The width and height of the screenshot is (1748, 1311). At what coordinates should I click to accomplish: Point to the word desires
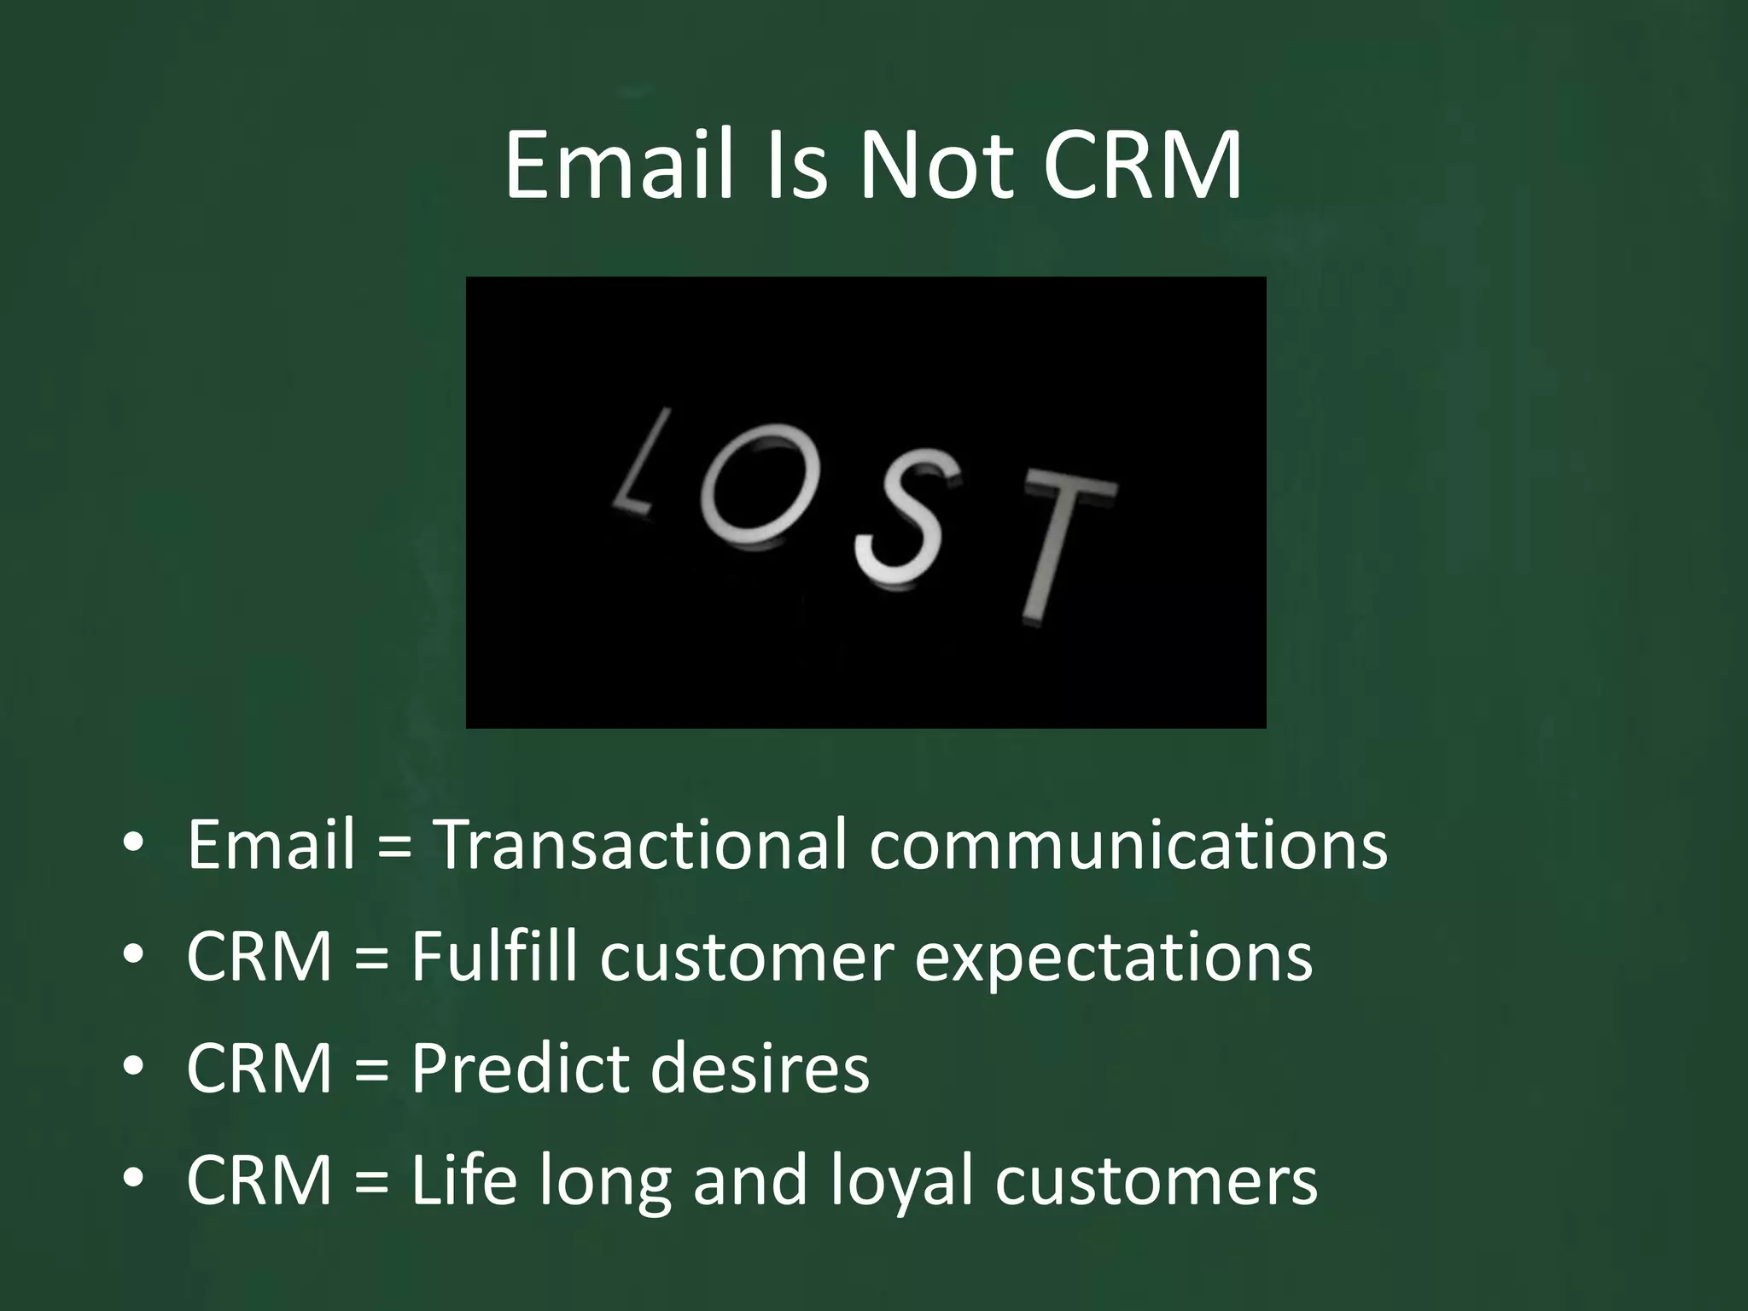click(x=760, y=1069)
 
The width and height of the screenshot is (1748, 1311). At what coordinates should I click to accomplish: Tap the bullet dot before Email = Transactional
click(x=133, y=843)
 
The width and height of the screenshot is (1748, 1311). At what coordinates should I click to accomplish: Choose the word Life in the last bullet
click(x=463, y=1180)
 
